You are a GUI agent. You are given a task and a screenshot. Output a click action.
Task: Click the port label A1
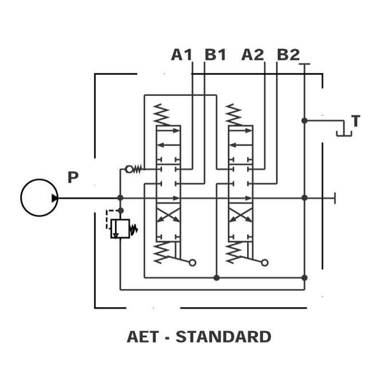(181, 55)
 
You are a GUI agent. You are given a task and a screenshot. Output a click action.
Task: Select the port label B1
(215, 55)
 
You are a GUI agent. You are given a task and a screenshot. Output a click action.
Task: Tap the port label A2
(252, 55)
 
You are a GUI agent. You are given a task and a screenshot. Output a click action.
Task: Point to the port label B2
(288, 55)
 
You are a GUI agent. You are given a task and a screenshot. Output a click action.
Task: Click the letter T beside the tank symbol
(356, 121)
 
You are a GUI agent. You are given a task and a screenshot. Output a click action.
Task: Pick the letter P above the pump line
(73, 177)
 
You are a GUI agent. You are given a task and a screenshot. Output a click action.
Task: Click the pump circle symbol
(40, 198)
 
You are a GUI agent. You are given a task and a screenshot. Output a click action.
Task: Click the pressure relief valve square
(120, 229)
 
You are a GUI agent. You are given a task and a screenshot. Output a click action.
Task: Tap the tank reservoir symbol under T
(344, 135)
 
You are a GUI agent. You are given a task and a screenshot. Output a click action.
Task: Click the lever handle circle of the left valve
(193, 262)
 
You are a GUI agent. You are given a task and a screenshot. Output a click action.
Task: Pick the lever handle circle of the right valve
(264, 262)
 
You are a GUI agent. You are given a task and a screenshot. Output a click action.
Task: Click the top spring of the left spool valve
(161, 115)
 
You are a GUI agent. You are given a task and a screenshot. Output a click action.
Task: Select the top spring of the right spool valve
(234, 115)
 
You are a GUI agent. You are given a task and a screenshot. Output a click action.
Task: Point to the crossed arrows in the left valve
(168, 214)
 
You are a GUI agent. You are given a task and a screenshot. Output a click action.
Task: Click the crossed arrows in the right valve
(240, 214)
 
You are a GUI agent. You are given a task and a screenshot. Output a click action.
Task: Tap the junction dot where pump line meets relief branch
(120, 198)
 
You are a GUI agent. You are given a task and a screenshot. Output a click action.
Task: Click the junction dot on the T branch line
(304, 121)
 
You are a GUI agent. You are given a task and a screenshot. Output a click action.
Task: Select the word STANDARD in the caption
(223, 337)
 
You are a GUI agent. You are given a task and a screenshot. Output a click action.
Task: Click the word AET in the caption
(142, 337)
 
